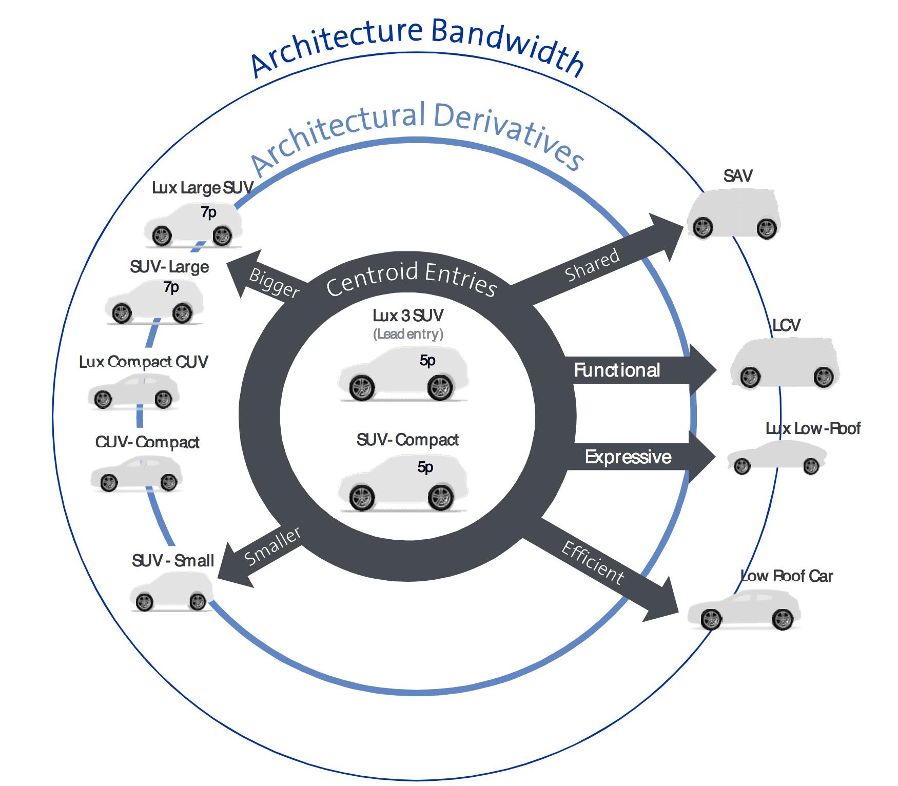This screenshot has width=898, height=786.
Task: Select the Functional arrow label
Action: coord(617,370)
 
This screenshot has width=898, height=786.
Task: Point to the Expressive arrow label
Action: coord(628,457)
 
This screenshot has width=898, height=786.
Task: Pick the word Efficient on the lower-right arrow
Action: coord(593,563)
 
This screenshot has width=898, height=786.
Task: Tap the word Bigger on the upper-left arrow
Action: coord(274,283)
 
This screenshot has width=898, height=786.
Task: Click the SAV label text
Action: coord(738,176)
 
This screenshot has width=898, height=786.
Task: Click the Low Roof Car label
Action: coord(787,576)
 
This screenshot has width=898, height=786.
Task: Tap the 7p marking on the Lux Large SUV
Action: coord(208,212)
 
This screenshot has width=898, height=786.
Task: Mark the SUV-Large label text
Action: coord(169,267)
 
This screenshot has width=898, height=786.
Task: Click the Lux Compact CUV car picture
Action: coord(134,392)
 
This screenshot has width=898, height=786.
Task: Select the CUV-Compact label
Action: coord(147,442)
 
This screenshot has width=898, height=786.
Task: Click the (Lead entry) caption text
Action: coord(408,334)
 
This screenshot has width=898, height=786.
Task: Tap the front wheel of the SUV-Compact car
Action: coord(362,497)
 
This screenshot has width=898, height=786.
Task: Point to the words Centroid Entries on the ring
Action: coord(412,279)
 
